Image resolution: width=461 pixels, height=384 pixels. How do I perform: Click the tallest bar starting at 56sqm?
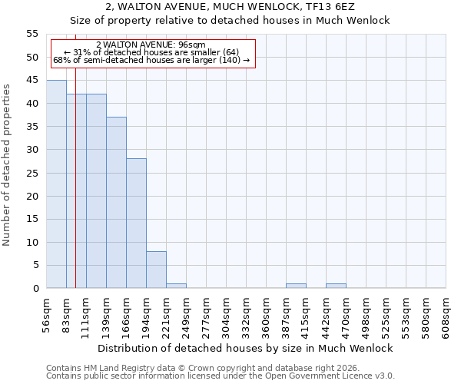[56, 184]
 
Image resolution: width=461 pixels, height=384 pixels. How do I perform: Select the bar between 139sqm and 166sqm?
[116, 203]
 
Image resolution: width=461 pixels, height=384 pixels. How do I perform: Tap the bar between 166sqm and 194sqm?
[136, 223]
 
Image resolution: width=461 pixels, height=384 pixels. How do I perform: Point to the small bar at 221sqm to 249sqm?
[176, 286]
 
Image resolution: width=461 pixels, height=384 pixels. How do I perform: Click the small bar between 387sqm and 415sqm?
[296, 286]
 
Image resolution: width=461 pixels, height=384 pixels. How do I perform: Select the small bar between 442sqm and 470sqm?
[336, 286]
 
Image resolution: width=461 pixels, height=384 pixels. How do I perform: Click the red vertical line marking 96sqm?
[75, 192]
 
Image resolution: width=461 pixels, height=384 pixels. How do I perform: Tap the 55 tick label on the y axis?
[32, 34]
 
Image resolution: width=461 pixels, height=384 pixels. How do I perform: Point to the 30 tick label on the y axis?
[32, 150]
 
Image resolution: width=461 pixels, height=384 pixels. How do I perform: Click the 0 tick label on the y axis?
[35, 289]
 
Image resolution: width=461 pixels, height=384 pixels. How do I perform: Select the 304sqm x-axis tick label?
[227, 315]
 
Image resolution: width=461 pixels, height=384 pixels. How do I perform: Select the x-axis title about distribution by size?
[246, 348]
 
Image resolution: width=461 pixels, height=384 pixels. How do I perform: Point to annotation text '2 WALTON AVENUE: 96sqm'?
[151, 45]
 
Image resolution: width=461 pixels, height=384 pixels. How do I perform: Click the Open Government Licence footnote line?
[221, 376]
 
